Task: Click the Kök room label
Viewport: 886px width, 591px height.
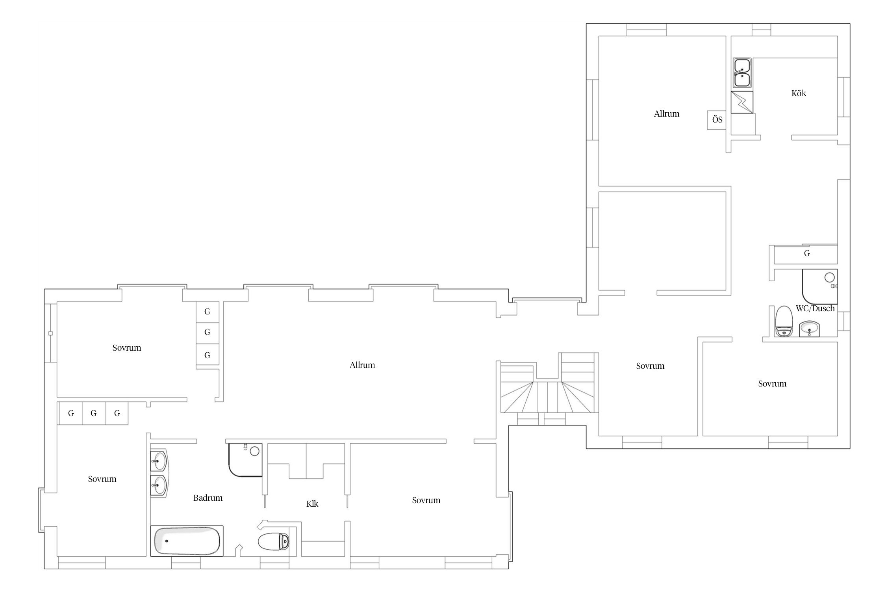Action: tap(799, 93)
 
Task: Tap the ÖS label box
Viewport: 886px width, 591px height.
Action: tap(717, 120)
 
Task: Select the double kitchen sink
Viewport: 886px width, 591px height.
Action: tap(742, 73)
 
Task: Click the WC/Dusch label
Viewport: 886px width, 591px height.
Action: tap(815, 309)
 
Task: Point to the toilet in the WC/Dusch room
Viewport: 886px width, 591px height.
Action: tap(783, 322)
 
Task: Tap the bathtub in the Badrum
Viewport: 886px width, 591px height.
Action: tap(187, 541)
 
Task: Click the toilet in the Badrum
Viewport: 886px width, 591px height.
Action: tap(274, 541)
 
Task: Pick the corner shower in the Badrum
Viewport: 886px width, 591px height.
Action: tap(245, 460)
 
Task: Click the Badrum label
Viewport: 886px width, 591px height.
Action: tap(208, 498)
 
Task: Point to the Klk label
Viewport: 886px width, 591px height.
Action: tap(312, 504)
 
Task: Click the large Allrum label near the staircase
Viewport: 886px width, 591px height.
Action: tap(362, 365)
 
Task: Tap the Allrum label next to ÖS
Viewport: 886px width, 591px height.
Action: tap(667, 114)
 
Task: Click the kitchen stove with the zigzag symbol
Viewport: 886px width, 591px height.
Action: tap(742, 102)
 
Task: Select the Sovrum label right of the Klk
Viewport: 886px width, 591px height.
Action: tap(426, 500)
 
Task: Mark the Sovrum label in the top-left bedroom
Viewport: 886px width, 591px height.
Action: tap(127, 348)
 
